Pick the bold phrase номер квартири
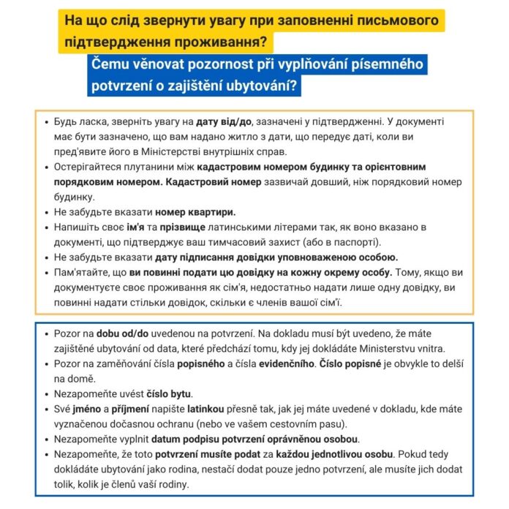coord(194,212)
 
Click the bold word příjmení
coord(130,409)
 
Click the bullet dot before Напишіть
coord(48,227)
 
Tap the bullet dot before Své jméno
coord(48,409)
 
